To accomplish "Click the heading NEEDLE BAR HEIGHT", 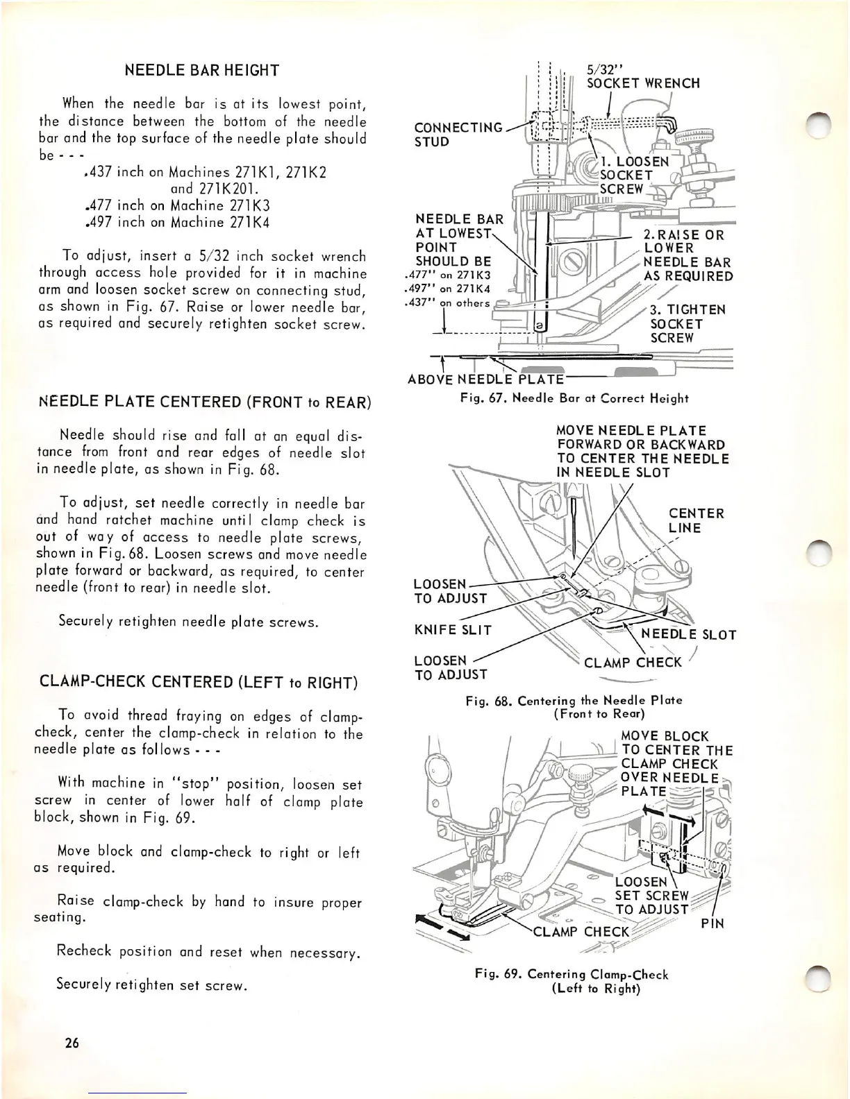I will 201,70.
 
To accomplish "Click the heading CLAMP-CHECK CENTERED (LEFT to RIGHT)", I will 196,682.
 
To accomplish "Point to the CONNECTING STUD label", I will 458,135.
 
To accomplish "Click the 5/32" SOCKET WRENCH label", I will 642,76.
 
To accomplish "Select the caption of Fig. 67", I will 574,398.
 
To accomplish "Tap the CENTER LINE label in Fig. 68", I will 696,520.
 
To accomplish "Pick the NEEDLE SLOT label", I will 688,634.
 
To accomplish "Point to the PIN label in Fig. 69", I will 712,923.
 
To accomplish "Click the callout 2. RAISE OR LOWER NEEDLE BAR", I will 687,255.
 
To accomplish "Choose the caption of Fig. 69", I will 571,981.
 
